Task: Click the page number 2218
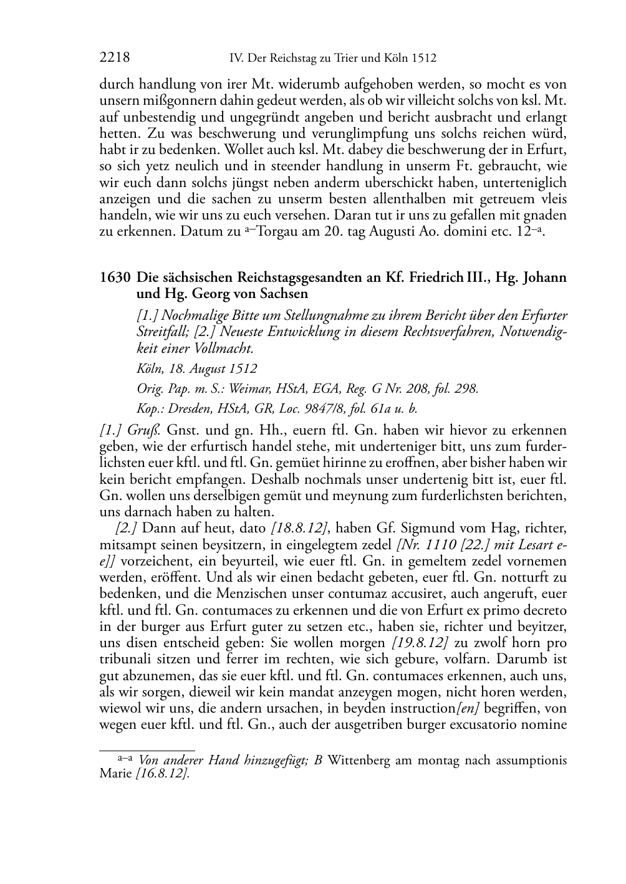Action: (115, 59)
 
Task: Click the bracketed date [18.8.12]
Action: (299, 529)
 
